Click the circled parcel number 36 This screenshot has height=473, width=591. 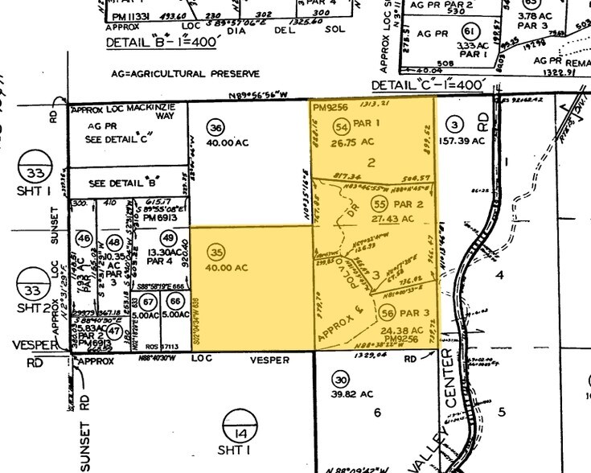click(x=215, y=128)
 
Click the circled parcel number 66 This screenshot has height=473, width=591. click(x=174, y=301)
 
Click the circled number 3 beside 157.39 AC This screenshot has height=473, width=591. click(x=455, y=125)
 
